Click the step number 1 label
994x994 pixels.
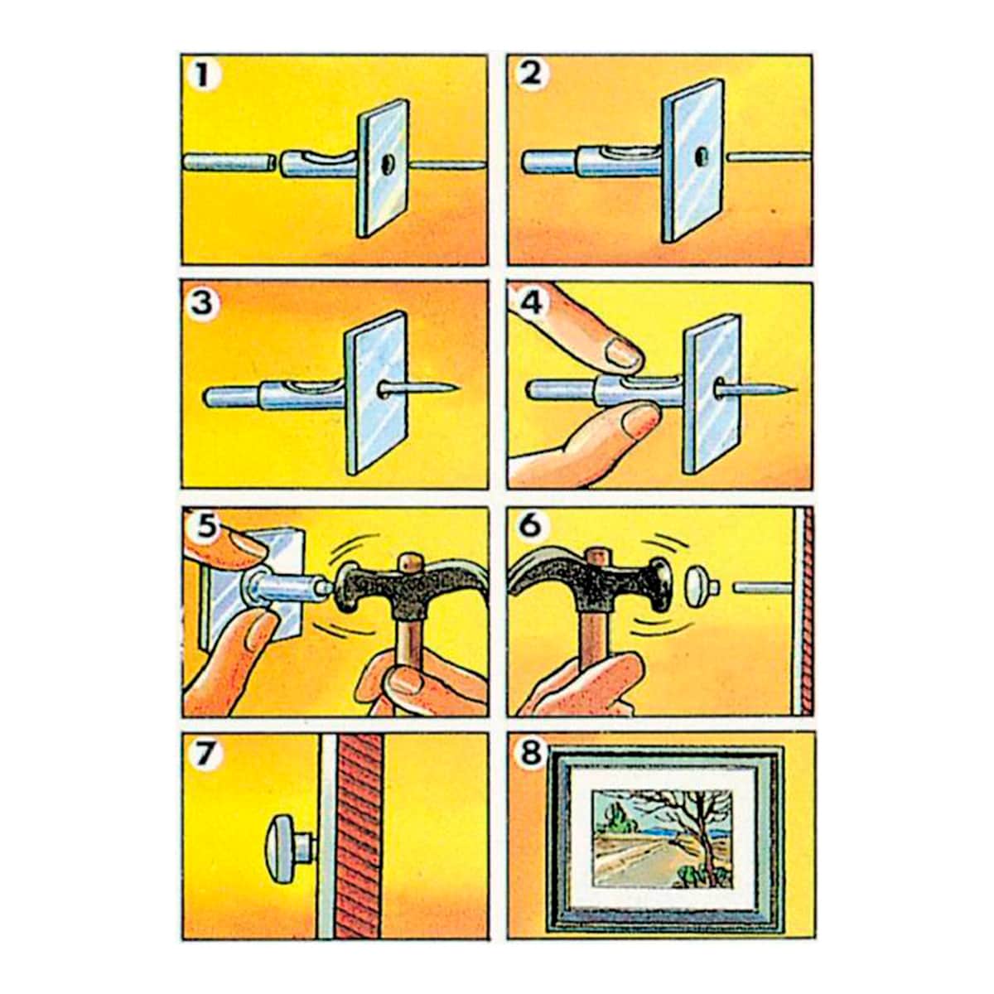[204, 77]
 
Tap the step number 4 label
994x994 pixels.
[531, 302]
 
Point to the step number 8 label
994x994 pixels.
[531, 754]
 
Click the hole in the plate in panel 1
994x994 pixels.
[386, 164]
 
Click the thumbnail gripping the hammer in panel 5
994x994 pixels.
[406, 683]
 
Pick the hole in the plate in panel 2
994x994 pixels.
[701, 156]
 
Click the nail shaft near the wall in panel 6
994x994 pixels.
[762, 587]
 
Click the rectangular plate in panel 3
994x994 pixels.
[377, 392]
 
